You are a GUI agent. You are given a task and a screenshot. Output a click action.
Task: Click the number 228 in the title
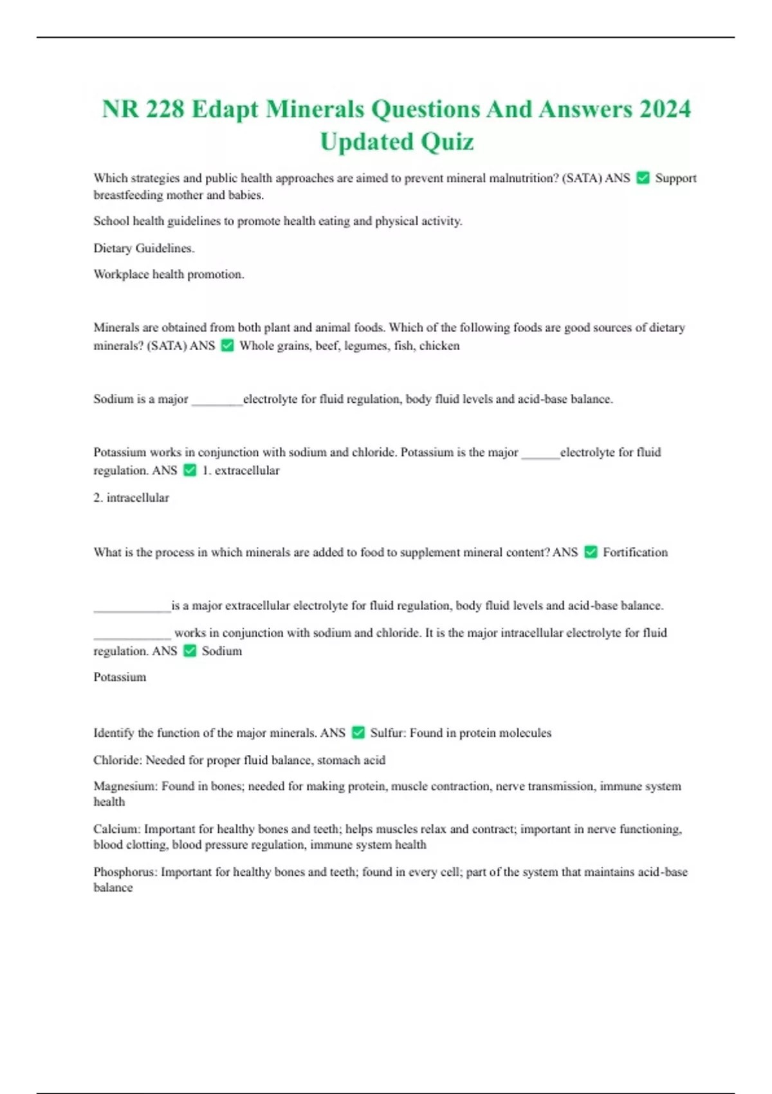[165, 109]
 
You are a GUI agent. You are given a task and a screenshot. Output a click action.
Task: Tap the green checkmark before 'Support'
[643, 178]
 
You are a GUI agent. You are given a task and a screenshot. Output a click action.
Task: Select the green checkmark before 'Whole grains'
[227, 346]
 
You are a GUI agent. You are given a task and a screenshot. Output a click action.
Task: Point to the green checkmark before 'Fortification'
[591, 552]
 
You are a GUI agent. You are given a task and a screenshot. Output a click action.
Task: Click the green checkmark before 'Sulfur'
[358, 732]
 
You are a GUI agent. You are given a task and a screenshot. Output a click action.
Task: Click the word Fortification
[635, 552]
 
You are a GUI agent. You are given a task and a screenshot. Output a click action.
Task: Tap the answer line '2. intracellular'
[131, 497]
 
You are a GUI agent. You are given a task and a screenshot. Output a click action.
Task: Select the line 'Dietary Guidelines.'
[144, 248]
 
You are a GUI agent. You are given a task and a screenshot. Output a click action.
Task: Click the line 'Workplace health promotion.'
[169, 274]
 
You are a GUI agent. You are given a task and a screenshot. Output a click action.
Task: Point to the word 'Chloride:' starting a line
[118, 760]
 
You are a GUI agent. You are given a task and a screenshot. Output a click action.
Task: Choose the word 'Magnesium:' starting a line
[125, 786]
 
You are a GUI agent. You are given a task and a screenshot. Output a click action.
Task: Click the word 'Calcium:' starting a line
[116, 829]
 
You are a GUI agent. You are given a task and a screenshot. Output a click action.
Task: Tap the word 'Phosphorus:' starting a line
[125, 872]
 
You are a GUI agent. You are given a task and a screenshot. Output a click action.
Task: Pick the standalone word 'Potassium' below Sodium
[120, 677]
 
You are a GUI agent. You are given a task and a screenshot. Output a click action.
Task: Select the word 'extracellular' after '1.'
[247, 470]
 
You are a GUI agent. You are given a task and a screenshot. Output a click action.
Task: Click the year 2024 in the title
[665, 109]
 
